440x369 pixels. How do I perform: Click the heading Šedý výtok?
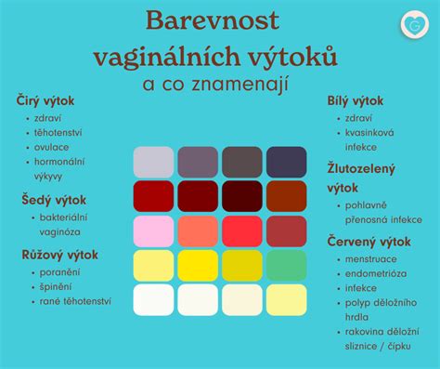(52, 199)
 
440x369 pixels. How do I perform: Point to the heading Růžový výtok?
(58, 254)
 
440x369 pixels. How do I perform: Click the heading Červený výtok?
(369, 242)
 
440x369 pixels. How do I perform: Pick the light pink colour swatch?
(153, 230)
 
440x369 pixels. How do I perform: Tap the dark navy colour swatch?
(286, 161)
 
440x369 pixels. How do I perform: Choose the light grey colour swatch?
(153, 161)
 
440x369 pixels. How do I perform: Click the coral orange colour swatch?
(198, 230)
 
